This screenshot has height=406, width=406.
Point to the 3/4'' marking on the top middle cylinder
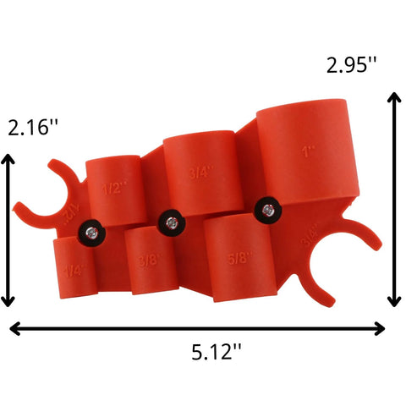[x=200, y=172]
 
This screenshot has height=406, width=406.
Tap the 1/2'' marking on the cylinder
[x=112, y=187]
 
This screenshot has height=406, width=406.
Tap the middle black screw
[x=172, y=222]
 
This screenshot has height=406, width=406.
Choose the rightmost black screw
[x=267, y=208]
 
